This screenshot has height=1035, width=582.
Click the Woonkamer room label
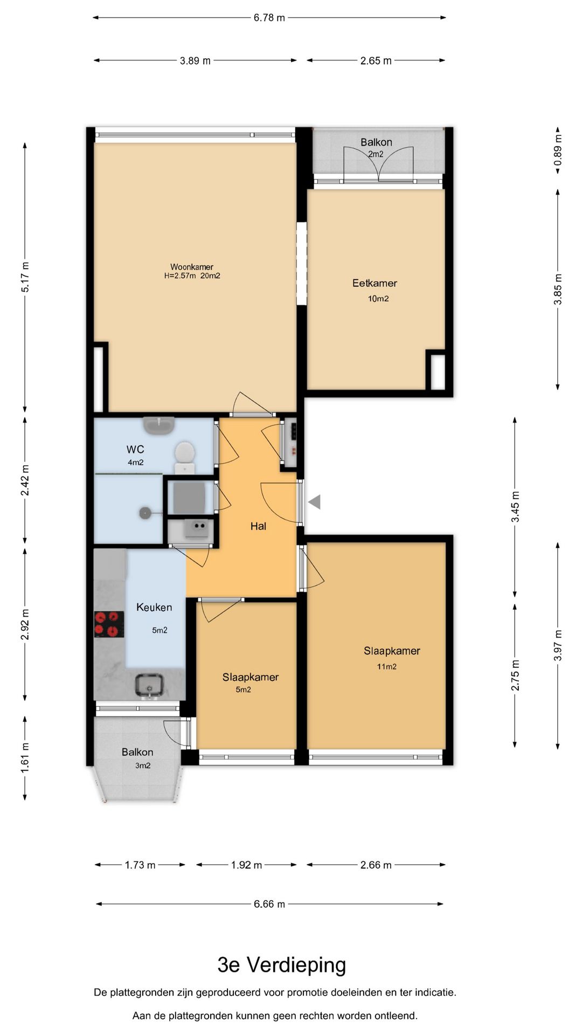tap(192, 267)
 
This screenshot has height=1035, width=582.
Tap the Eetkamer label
tap(375, 283)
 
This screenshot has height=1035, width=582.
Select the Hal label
tap(258, 526)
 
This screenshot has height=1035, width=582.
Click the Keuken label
tap(154, 608)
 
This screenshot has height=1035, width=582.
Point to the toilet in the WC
tap(185, 456)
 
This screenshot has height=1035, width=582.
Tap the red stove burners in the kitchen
tap(106, 623)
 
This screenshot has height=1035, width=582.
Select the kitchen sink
tap(149, 685)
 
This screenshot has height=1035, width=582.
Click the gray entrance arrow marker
tap(315, 502)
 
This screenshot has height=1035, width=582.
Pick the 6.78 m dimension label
tap(269, 18)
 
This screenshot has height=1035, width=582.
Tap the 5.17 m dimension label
tap(25, 277)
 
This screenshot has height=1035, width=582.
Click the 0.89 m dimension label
tap(558, 150)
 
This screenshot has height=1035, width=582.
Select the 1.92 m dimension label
tap(246, 865)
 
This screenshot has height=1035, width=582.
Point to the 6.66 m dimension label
tap(269, 904)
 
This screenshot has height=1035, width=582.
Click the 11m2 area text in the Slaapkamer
tap(386, 667)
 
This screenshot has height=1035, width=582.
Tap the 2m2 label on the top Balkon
tap(376, 154)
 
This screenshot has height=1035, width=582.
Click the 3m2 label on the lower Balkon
tap(143, 765)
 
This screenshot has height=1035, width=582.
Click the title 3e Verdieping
tap(282, 965)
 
